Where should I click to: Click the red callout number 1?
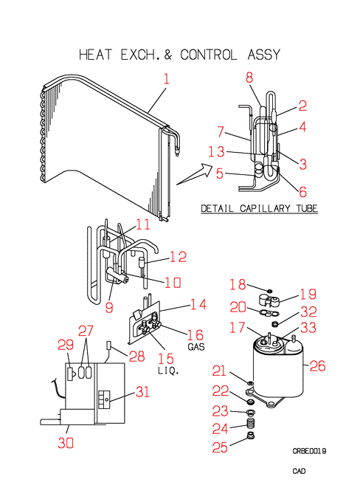(x=167, y=79)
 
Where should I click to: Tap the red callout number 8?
(x=249, y=78)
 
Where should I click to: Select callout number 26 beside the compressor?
(x=317, y=365)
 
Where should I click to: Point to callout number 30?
(x=66, y=443)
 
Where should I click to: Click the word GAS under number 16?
(x=196, y=347)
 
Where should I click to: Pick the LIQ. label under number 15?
(x=168, y=371)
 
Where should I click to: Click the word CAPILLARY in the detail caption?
(x=265, y=209)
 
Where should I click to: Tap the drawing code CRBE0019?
(x=309, y=451)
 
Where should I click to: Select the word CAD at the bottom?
(x=300, y=471)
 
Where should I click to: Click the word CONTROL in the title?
(x=208, y=55)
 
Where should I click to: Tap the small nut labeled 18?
(x=269, y=291)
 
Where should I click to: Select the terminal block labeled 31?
(x=104, y=399)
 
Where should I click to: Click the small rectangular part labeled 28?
(x=108, y=345)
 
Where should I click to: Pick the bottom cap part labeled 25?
(x=252, y=436)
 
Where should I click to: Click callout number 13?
(x=216, y=151)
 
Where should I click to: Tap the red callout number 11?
(x=143, y=224)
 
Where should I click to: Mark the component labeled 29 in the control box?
(x=71, y=374)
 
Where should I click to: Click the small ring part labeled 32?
(x=274, y=324)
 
